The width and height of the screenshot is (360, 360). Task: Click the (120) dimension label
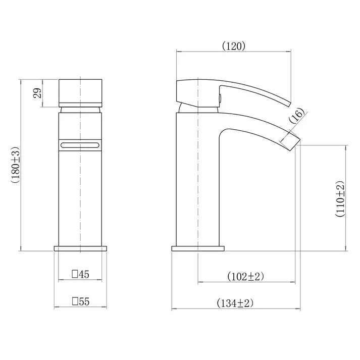(234, 46)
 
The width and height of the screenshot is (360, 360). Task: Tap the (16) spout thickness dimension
(297, 116)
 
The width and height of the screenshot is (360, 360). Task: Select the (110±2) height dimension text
(340, 198)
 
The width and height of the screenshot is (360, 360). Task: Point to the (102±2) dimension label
(246, 276)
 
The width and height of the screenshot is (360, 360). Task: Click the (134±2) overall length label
(235, 303)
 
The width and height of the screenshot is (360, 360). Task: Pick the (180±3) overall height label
(15, 165)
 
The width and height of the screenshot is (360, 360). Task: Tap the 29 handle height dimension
(37, 93)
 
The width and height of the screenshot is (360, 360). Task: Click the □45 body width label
(80, 274)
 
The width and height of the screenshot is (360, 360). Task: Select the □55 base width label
(80, 301)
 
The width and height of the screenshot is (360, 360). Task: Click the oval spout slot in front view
(80, 145)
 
